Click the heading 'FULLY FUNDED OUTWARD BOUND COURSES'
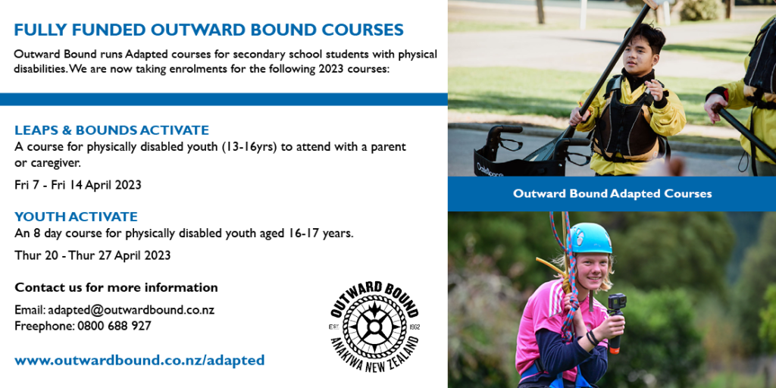click(208, 30)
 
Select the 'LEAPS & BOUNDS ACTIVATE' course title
click(111, 130)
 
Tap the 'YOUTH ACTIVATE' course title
click(76, 217)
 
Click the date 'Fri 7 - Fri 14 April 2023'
click(78, 185)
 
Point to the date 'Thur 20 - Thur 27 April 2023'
click(92, 255)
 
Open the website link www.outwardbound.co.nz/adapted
click(139, 361)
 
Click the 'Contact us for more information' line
click(116, 288)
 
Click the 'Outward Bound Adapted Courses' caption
click(612, 193)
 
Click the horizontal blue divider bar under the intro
click(224, 99)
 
